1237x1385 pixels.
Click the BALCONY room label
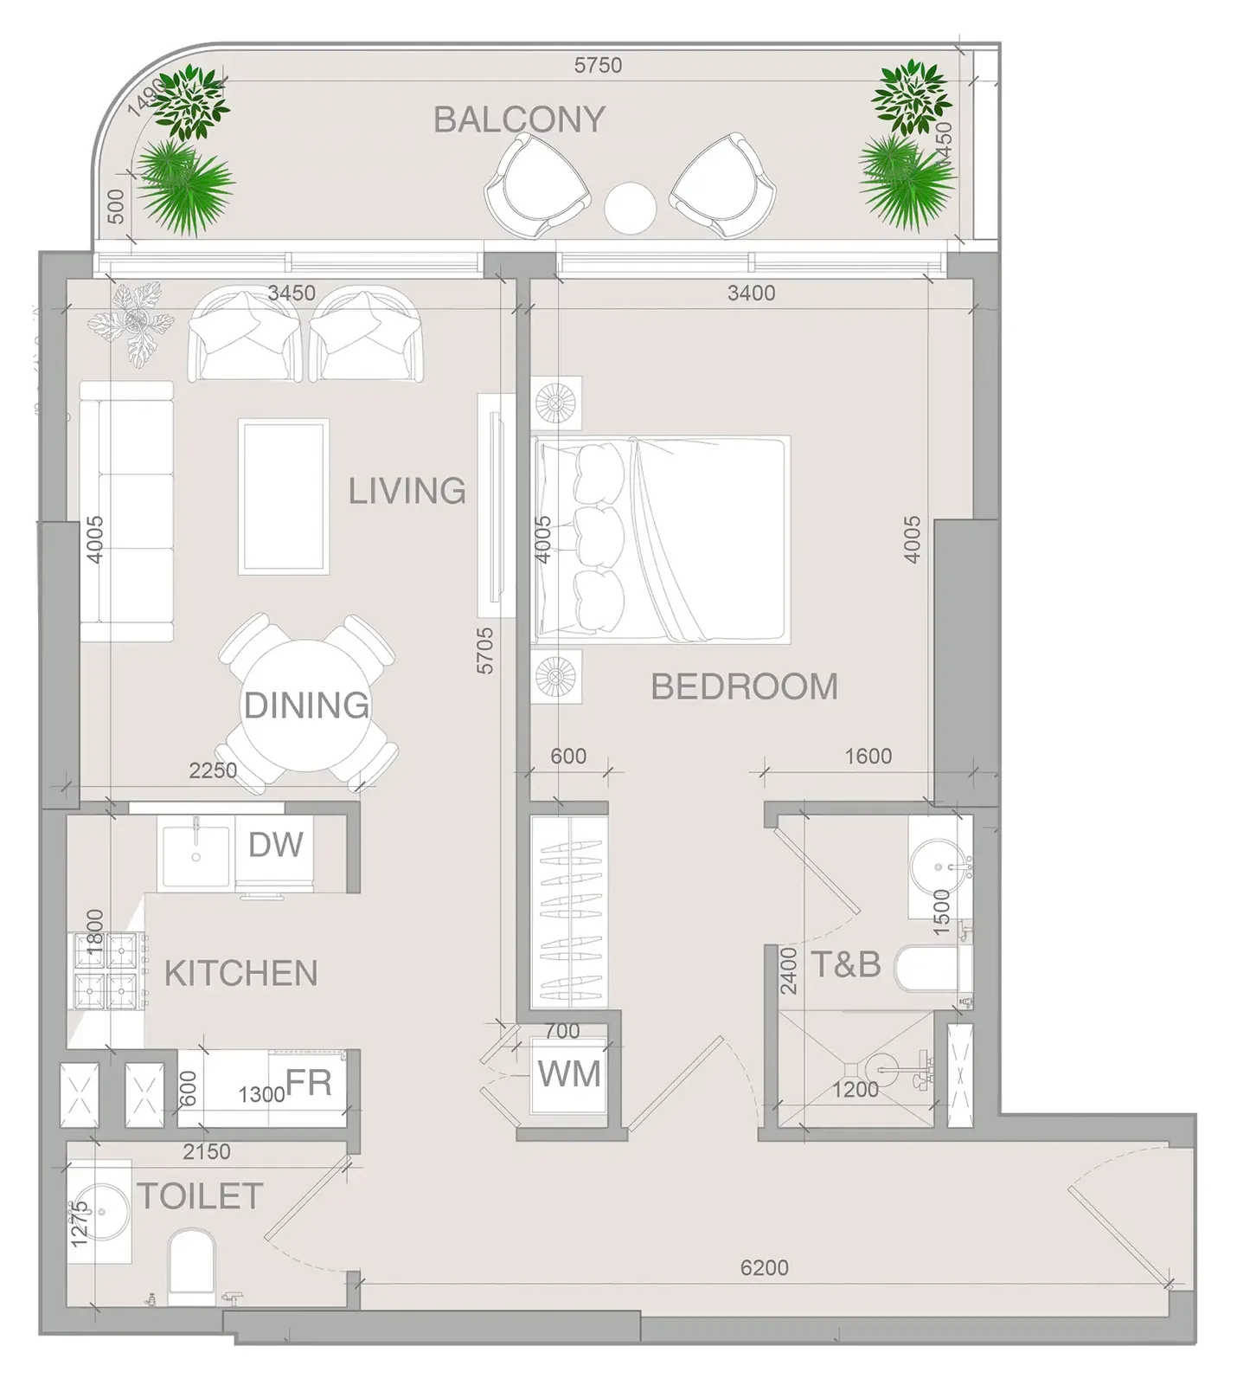click(519, 119)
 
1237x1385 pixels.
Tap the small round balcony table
click(631, 208)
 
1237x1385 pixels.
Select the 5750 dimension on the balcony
click(598, 65)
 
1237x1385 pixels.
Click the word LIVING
click(407, 491)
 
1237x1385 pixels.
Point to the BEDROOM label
click(744, 686)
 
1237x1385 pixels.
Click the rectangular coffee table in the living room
click(284, 497)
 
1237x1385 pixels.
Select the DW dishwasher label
click(276, 844)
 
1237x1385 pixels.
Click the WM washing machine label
click(569, 1074)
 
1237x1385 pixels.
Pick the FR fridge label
click(309, 1082)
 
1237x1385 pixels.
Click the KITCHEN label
click(241, 974)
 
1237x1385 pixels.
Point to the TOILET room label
click(200, 1196)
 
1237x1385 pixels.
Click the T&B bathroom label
click(845, 963)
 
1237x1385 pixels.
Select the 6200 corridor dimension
click(765, 1268)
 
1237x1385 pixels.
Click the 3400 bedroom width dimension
click(751, 293)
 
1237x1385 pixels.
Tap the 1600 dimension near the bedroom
click(868, 757)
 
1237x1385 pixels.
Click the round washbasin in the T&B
click(938, 866)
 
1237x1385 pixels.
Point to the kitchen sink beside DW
click(196, 856)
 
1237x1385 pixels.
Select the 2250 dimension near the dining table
click(213, 770)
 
